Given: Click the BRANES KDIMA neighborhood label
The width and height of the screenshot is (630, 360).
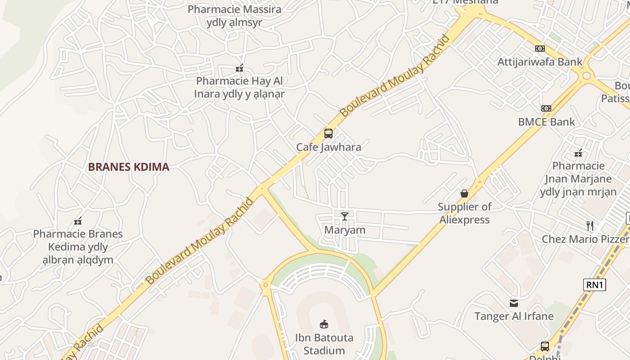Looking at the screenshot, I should click(x=129, y=167).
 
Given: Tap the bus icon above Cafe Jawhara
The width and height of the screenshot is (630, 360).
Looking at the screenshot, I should click(x=328, y=134).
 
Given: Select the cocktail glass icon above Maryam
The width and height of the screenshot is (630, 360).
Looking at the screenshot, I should click(x=345, y=216).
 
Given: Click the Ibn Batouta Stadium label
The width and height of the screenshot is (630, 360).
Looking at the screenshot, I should click(x=324, y=344).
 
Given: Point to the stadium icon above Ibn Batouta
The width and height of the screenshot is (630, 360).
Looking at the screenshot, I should click(x=324, y=324).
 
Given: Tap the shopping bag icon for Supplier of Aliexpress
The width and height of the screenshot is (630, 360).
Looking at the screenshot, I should click(x=464, y=193).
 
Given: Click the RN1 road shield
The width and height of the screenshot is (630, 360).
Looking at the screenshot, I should click(x=594, y=284).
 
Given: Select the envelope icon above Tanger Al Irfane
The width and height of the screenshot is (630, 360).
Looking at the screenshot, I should click(x=514, y=303).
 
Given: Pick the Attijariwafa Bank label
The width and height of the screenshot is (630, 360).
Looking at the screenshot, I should click(x=540, y=62).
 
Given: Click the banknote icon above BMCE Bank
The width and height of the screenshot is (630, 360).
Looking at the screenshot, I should click(x=546, y=108).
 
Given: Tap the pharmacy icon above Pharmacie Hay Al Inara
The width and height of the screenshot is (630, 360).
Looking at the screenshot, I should click(x=239, y=68).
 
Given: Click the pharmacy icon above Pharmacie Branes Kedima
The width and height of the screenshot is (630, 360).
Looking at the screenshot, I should click(x=78, y=221).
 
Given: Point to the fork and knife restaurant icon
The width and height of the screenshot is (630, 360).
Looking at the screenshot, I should click(x=589, y=225).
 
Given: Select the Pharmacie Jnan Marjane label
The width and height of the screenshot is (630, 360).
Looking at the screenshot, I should click(x=578, y=179).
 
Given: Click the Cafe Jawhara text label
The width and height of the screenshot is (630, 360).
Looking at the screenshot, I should click(x=328, y=147).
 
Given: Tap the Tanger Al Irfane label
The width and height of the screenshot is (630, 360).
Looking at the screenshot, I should click(x=514, y=316).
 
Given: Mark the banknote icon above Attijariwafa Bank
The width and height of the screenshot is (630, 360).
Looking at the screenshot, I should click(x=540, y=49).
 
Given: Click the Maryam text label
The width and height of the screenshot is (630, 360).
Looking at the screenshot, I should click(x=345, y=230).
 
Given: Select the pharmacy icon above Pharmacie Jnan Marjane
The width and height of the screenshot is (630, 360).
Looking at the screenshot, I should click(x=578, y=153).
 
